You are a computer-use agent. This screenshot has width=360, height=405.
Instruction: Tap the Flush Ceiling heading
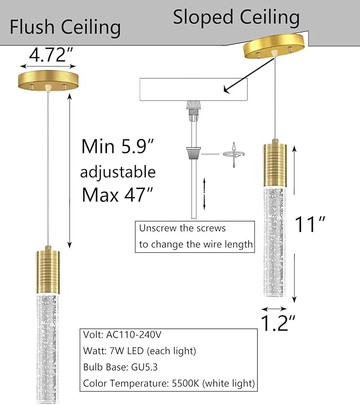click(x=65, y=27)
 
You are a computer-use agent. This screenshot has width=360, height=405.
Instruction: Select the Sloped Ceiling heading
click(x=236, y=17)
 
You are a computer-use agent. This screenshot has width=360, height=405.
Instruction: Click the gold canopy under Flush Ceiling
click(x=48, y=81)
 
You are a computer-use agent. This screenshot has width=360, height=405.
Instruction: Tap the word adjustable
click(x=118, y=171)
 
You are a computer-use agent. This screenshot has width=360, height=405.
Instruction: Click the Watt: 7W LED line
click(x=139, y=351)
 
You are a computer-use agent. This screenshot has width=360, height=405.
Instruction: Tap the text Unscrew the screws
click(x=182, y=228)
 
